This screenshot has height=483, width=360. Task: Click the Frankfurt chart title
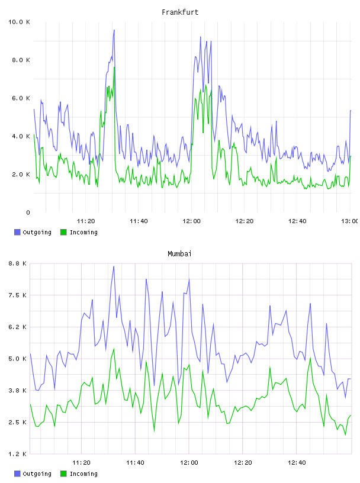coord(180,12)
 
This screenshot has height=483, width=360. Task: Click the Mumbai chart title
coord(179,253)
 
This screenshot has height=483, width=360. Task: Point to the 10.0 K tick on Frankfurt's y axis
coord(19,22)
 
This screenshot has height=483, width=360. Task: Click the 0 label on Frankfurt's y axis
coord(28,212)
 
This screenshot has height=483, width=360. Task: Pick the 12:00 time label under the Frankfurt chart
coord(191,221)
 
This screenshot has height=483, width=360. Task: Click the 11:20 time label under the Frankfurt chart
coord(86,221)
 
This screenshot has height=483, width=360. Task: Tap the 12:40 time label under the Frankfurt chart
coord(297,221)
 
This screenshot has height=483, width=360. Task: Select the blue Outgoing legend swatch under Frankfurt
coord(17,232)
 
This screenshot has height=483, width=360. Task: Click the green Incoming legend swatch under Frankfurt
coord(63,232)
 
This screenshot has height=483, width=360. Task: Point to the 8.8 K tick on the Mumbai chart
coord(17,263)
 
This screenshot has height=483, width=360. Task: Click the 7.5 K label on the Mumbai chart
coord(17,295)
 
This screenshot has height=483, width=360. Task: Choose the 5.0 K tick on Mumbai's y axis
coord(17,359)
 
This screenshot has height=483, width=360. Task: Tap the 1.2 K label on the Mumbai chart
coord(17,454)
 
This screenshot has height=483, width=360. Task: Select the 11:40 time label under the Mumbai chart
coord(135,462)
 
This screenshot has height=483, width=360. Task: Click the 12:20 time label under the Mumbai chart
coord(243,462)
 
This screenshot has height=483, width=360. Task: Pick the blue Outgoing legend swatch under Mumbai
coord(17,474)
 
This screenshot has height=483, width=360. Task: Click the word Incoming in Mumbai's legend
coord(83,474)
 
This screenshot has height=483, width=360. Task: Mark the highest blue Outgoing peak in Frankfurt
coord(114,30)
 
